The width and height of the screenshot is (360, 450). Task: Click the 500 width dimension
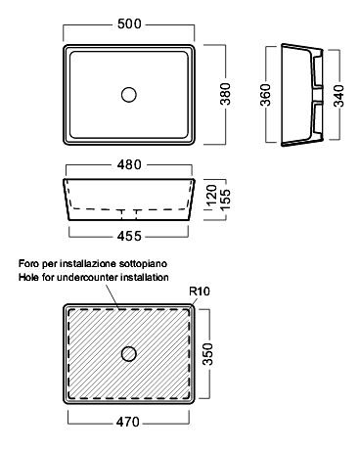[x=129, y=23]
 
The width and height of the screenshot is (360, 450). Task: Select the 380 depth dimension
[x=225, y=94]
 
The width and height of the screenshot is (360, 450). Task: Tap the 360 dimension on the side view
[x=265, y=95]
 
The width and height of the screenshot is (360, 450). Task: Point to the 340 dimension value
[x=339, y=96]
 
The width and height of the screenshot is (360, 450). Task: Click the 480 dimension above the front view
[x=129, y=164]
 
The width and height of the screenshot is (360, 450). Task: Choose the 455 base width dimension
[x=129, y=236]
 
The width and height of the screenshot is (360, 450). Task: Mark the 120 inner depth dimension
[x=211, y=195]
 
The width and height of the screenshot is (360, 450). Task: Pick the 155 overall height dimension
[x=225, y=200]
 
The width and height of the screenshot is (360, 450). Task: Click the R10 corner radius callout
[x=200, y=291]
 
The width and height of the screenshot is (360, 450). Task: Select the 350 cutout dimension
[x=207, y=354]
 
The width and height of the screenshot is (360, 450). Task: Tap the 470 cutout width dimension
[x=127, y=422]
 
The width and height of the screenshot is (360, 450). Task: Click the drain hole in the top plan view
[x=129, y=95]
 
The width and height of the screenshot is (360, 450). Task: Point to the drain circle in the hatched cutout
[x=129, y=354]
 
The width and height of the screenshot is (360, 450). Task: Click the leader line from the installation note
[x=112, y=296]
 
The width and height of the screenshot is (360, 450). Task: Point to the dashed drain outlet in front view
[x=129, y=214]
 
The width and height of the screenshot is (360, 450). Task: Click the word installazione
[x=89, y=263]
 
